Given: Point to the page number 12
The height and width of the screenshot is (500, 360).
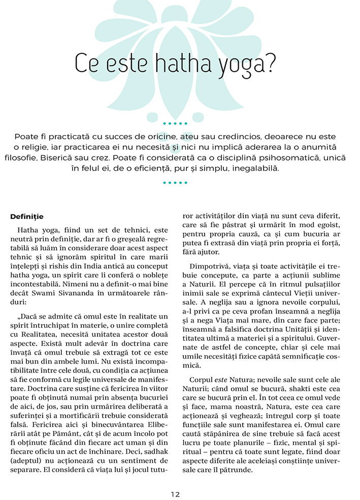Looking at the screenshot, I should pyautogui.click(x=176, y=493).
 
